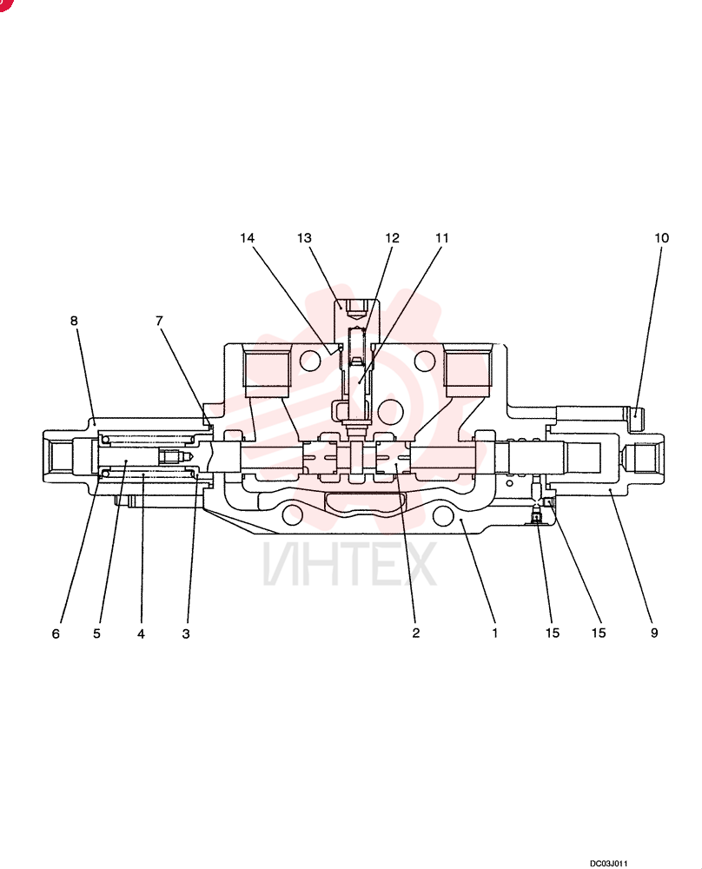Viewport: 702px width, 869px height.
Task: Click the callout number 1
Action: tap(494, 633)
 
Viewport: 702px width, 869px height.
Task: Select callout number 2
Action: tap(416, 633)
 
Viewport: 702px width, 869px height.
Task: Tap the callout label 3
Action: tap(186, 634)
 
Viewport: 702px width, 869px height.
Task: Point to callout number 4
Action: tap(142, 634)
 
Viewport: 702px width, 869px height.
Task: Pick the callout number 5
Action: tap(97, 634)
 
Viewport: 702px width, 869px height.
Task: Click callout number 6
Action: tap(56, 634)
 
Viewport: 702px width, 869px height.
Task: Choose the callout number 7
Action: tap(160, 321)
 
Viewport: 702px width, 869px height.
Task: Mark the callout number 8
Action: tap(74, 321)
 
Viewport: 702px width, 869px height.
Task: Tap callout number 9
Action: tap(654, 633)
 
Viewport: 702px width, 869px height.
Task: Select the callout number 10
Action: tap(661, 238)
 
